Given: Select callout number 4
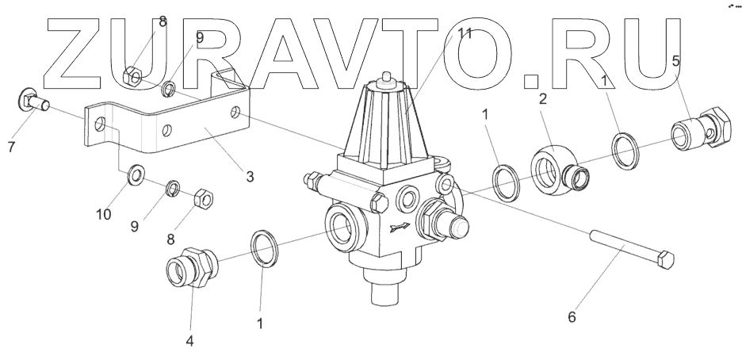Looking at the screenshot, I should point(250,177).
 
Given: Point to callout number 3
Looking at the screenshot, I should point(189,341).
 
